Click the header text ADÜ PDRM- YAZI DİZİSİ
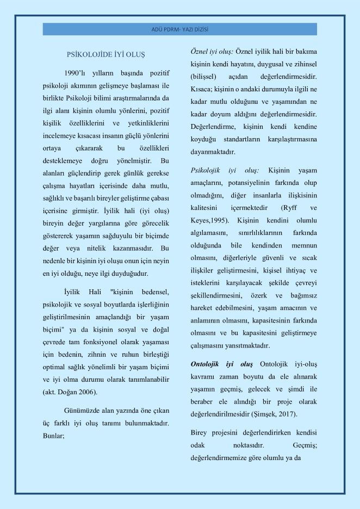[179, 28]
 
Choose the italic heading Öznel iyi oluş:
[212, 51]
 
